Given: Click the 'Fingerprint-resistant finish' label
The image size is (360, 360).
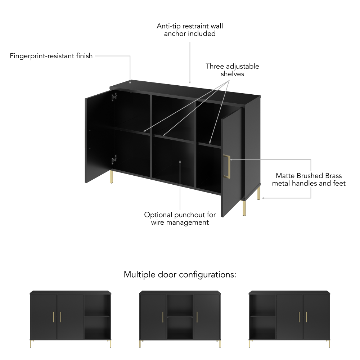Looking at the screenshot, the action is [51, 56].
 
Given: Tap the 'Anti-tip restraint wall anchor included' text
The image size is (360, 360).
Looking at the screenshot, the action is [190, 30].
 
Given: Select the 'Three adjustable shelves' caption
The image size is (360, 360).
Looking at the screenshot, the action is [232, 70].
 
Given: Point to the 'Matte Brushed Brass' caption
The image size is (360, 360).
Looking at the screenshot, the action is [309, 176].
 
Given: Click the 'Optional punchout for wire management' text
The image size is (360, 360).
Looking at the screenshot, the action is [180, 219].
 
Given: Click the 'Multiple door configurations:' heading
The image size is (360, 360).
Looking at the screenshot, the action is [180, 275].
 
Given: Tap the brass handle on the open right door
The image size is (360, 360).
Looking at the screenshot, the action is [227, 166].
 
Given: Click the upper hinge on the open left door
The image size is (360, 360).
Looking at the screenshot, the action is [114, 97].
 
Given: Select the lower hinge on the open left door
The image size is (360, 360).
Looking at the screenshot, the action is [114, 160].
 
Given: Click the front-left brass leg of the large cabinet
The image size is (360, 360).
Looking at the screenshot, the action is [111, 177].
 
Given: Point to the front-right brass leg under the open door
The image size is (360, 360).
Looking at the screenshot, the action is [244, 208].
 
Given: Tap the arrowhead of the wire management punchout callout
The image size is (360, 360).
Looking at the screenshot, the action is [180, 162].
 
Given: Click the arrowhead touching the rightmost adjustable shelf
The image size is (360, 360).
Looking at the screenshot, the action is [210, 142].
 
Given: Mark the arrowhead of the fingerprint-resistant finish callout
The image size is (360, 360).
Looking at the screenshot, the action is [130, 83].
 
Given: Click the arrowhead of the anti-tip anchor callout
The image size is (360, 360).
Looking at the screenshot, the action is [190, 82].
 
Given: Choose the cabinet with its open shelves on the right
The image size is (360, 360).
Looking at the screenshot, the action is [71, 319].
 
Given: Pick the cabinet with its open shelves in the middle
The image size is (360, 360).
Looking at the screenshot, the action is [180, 319].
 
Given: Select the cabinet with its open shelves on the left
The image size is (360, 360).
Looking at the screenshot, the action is [289, 319].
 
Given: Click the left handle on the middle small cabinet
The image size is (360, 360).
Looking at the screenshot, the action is [163, 317].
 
